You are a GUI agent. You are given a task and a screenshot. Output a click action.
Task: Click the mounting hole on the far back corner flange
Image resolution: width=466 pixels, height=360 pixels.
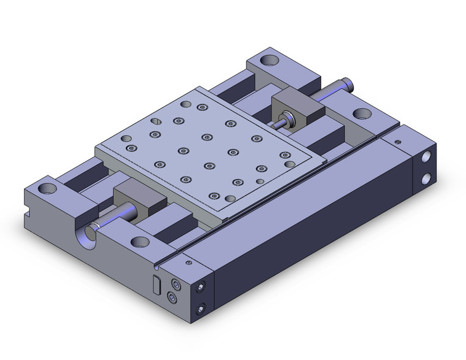269,61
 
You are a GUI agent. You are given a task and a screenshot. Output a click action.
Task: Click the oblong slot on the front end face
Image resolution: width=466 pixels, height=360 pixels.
156,285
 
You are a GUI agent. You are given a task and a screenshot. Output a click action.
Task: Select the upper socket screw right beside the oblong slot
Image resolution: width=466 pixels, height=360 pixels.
177,285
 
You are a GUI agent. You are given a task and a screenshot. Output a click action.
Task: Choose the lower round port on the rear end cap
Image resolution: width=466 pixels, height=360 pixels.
426,179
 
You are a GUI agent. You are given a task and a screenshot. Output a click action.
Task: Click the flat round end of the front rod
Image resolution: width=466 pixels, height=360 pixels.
92,231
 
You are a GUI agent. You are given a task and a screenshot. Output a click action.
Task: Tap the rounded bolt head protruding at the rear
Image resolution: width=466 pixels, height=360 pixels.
348,82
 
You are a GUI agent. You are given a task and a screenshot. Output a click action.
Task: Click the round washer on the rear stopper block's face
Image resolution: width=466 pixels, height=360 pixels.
286,118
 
